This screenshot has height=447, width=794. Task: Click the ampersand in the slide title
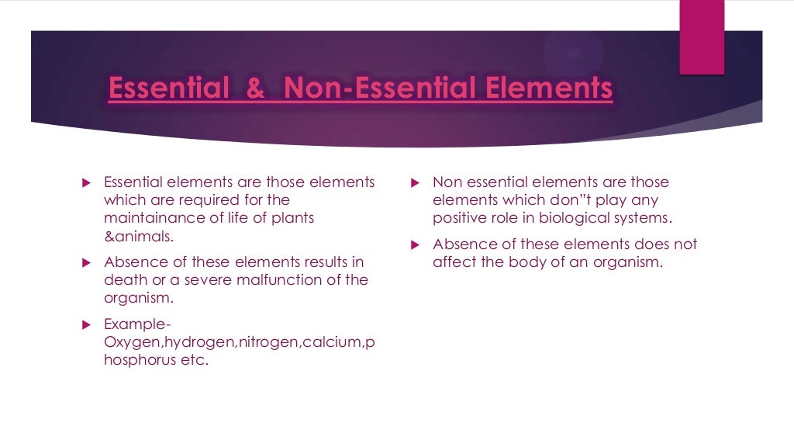tap(255, 88)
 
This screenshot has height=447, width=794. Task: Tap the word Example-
tap(137, 324)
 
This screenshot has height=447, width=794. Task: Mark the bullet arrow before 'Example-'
tap(87, 324)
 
